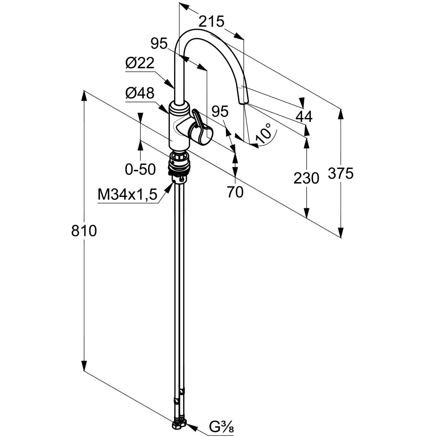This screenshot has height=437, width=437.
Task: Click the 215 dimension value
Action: (211, 22)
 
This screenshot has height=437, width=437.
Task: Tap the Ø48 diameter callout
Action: (139, 94)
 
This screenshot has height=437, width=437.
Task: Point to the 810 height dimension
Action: (84, 231)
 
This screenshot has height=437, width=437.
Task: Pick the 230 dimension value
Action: (307, 178)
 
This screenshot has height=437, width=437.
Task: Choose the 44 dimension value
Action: (304, 117)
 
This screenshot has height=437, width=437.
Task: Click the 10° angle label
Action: (264, 133)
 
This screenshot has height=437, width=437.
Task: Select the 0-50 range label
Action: (140, 169)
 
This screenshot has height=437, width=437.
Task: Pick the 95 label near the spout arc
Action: (159, 44)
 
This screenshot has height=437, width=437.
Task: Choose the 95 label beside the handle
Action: (220, 111)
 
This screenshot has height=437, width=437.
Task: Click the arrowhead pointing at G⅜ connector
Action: (193, 425)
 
